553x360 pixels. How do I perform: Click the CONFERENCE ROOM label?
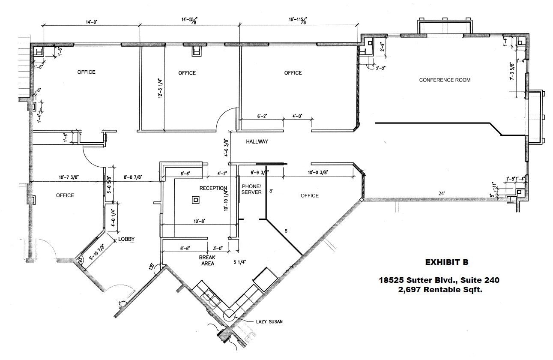445,80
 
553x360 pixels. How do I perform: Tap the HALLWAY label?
257,141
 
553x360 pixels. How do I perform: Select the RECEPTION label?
213,188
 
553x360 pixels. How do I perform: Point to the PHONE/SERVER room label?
252,189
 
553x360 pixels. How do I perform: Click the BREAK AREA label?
207,261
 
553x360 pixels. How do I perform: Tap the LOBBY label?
127,239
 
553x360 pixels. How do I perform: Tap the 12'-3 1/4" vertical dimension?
159,89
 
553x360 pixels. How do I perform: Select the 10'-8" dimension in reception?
199,221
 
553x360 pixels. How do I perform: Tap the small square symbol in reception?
196,199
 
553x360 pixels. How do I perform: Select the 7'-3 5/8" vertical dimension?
511,71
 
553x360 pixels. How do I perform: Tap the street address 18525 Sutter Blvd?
417,280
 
